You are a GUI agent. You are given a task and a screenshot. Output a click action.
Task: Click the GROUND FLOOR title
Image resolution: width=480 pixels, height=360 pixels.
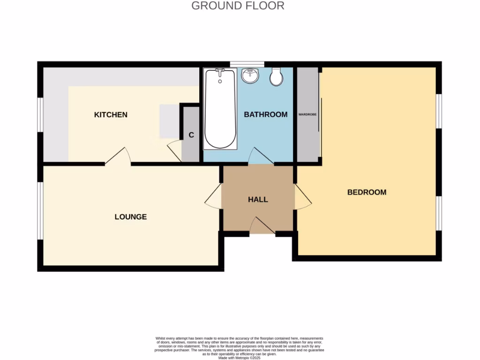[x=238, y=6]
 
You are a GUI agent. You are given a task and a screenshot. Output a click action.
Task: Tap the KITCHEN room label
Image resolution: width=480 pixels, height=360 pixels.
[x=111, y=115]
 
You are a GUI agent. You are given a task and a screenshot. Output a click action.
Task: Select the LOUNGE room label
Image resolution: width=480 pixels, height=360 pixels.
[x=131, y=217]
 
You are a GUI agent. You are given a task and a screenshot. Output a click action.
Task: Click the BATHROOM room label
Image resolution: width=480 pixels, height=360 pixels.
[x=265, y=114]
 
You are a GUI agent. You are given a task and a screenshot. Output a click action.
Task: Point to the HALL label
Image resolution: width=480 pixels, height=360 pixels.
[x=258, y=200]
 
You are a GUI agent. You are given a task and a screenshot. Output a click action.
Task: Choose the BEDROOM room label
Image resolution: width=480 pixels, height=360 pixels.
[x=367, y=192]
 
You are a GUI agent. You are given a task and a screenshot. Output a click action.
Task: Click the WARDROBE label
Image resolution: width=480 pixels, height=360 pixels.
[x=307, y=114]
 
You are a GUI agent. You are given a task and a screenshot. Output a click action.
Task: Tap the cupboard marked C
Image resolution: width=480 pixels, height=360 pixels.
[x=191, y=135]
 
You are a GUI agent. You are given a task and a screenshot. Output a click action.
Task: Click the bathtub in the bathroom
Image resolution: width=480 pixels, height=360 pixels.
[x=220, y=109]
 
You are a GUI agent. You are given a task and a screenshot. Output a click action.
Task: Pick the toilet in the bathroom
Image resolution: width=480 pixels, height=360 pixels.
[x=276, y=77]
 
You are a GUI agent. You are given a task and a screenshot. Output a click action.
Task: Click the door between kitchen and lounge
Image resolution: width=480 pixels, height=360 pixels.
[x=118, y=157]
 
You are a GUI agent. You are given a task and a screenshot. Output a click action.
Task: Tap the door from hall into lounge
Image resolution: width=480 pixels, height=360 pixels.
[x=213, y=196]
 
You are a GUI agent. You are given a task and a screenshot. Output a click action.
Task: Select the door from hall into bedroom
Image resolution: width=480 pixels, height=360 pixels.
[x=302, y=196]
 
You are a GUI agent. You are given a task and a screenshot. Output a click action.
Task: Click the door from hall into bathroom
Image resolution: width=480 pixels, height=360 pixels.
[x=261, y=157]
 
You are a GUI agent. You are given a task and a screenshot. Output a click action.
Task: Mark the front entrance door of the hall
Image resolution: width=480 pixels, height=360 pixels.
[x=262, y=226]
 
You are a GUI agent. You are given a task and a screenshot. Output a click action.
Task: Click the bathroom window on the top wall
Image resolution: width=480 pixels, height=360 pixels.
[x=247, y=64]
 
